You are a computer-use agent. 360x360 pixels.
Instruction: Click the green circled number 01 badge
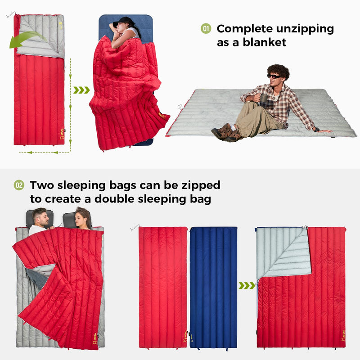[x=206, y=29]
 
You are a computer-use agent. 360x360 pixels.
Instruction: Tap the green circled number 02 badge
[x=19, y=185]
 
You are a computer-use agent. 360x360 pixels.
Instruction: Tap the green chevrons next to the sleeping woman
[x=81, y=90]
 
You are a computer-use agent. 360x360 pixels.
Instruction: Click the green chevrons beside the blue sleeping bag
[x=247, y=286]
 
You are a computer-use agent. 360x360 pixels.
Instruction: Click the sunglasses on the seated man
[x=274, y=76]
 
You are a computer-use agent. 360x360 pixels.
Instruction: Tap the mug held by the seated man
[x=264, y=99]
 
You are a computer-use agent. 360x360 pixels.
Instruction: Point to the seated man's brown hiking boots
[x=224, y=132]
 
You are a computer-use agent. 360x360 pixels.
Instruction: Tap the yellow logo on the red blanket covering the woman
[x=161, y=115]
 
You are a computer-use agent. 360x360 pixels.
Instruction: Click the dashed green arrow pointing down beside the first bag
[x=71, y=90]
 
